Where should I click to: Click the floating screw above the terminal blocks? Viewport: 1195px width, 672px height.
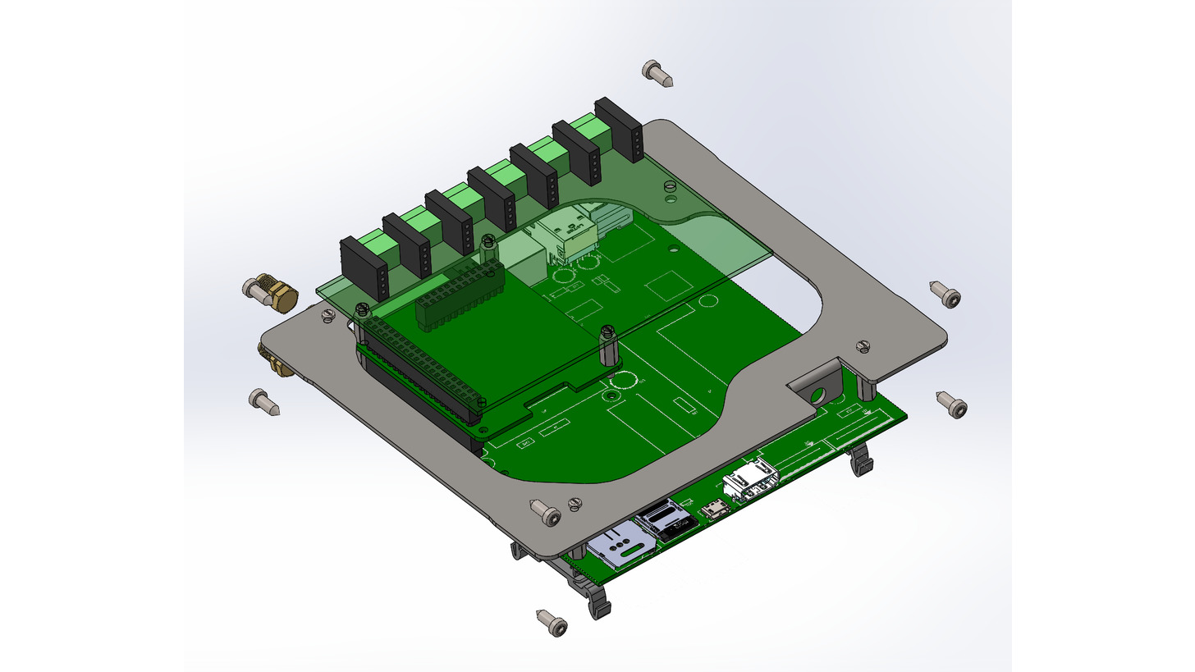658,73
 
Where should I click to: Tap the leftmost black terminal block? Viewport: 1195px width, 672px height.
362,267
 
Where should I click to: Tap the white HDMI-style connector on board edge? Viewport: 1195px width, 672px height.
750,481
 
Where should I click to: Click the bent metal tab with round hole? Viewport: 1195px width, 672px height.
818,387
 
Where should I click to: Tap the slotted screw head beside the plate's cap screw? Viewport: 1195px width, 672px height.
575,502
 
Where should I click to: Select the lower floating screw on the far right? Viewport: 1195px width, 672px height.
951,404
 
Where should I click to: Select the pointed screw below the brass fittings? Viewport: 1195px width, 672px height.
264,402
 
